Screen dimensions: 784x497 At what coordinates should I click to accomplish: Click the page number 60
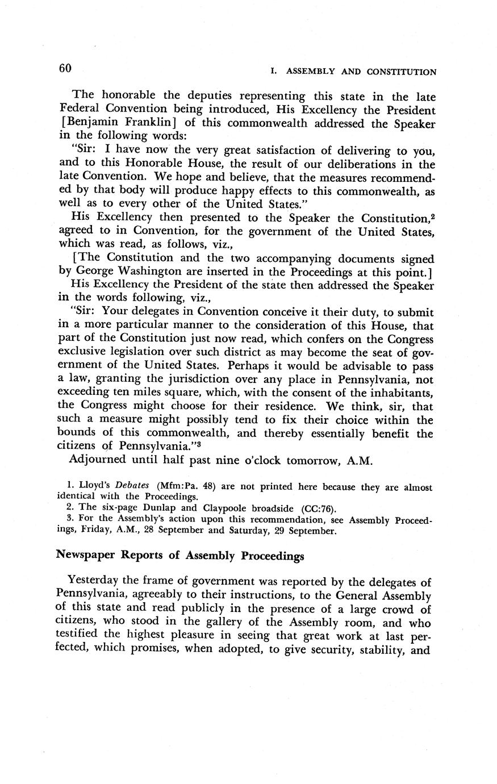[64, 68]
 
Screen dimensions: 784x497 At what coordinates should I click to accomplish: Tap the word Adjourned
[99, 460]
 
